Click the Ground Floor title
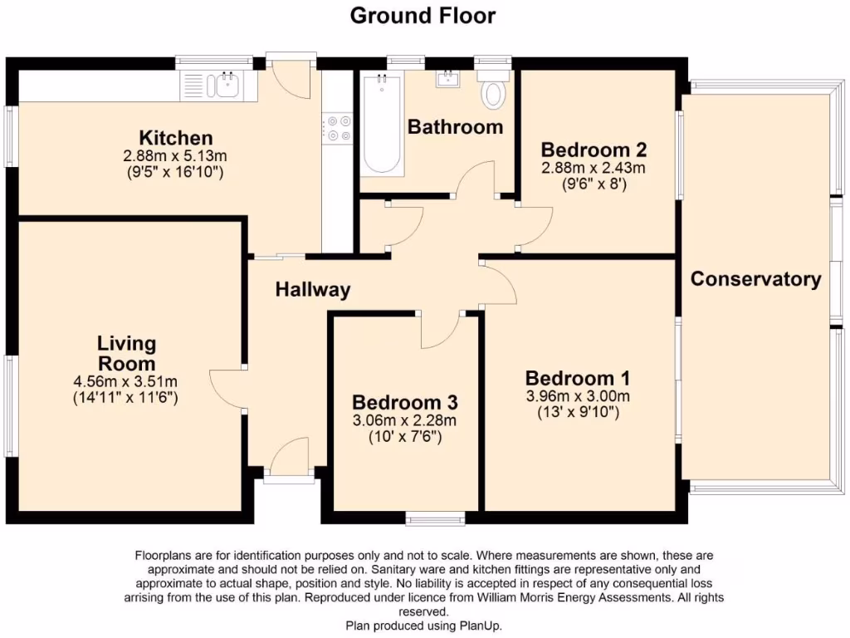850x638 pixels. point(423,16)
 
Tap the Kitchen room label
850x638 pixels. point(176,138)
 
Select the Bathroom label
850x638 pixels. point(455,127)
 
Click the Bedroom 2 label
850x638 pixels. point(594,150)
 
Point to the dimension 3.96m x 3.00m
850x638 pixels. point(578,395)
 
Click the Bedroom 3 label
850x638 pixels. point(404,402)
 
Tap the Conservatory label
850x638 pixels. point(755,279)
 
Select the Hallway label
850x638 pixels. point(313,290)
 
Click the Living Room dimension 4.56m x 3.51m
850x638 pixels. point(126,381)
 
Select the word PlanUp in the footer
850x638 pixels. point(483,626)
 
